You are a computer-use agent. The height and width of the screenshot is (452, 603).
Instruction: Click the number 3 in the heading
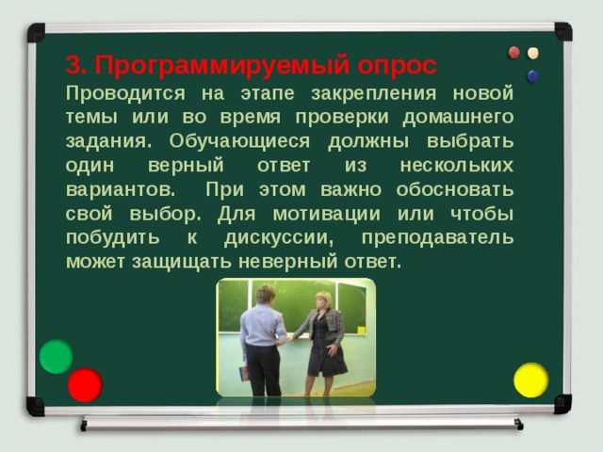(74, 66)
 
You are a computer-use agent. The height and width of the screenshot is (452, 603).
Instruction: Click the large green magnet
(57, 356)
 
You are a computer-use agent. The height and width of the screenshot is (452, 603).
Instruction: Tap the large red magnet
(85, 384)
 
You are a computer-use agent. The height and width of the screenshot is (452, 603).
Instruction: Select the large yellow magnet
(530, 379)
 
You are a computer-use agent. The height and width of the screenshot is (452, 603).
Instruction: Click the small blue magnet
(532, 75)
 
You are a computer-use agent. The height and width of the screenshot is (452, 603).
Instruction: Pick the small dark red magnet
(514, 53)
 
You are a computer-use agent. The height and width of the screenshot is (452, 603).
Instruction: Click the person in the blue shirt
(261, 339)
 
